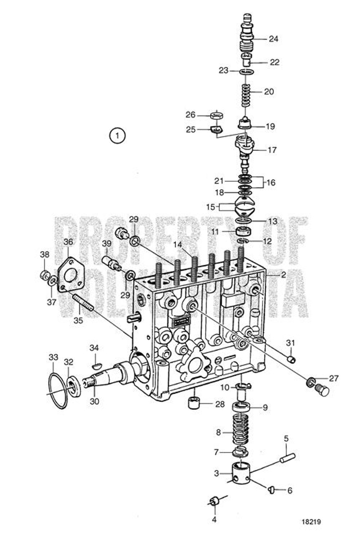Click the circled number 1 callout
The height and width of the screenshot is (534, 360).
pyautogui.click(x=118, y=136)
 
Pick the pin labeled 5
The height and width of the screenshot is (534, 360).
pyautogui.click(x=288, y=458)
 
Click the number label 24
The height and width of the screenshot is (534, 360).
pyautogui.click(x=273, y=39)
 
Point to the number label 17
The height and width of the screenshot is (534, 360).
pyautogui.click(x=272, y=150)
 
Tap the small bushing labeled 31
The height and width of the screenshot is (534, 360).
pyautogui.click(x=292, y=359)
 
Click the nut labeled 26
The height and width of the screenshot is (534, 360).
pyautogui.click(x=216, y=116)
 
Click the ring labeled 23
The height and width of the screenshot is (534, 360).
pyautogui.click(x=247, y=72)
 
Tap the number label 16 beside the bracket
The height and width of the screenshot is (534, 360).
pyautogui.click(x=271, y=182)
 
